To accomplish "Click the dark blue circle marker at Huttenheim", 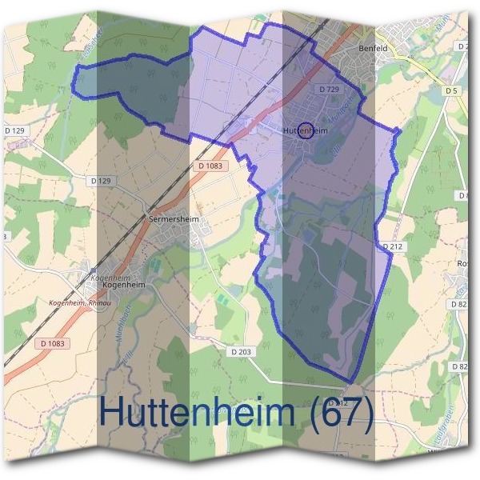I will click(305, 130).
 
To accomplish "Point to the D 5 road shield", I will click(452, 91).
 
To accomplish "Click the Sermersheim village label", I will click(173, 218).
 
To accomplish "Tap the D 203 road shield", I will click(241, 351).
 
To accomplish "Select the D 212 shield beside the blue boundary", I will click(392, 246).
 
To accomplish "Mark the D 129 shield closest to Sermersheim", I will click(100, 181).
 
